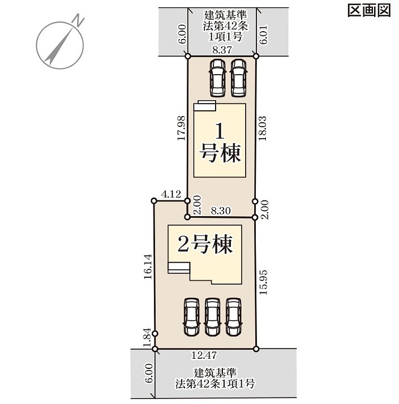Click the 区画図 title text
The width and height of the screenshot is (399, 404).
[x=369, y=11]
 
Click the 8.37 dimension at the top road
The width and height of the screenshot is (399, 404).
[x=222, y=49]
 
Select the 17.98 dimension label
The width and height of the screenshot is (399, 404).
[x=182, y=128]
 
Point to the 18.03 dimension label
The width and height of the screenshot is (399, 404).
[x=263, y=128]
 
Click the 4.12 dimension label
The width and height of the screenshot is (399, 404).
[x=171, y=194]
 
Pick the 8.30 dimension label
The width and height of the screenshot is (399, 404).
[x=221, y=210]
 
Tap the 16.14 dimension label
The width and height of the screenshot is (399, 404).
[x=148, y=267]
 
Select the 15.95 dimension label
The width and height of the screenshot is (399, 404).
[x=263, y=282]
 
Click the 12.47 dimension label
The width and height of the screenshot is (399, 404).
[x=204, y=355]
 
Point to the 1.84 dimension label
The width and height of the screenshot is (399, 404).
[x=147, y=337]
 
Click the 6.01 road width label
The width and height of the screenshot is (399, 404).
[x=264, y=35]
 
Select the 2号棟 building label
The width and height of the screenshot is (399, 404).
[x=205, y=244]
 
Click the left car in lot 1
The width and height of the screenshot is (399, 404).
[x=217, y=78]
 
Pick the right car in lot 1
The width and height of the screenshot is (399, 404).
[x=238, y=78]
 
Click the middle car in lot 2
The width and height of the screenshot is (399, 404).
[x=213, y=317]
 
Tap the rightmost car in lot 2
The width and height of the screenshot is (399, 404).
[x=234, y=317]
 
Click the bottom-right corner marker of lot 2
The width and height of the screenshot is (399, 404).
[x=256, y=349]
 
